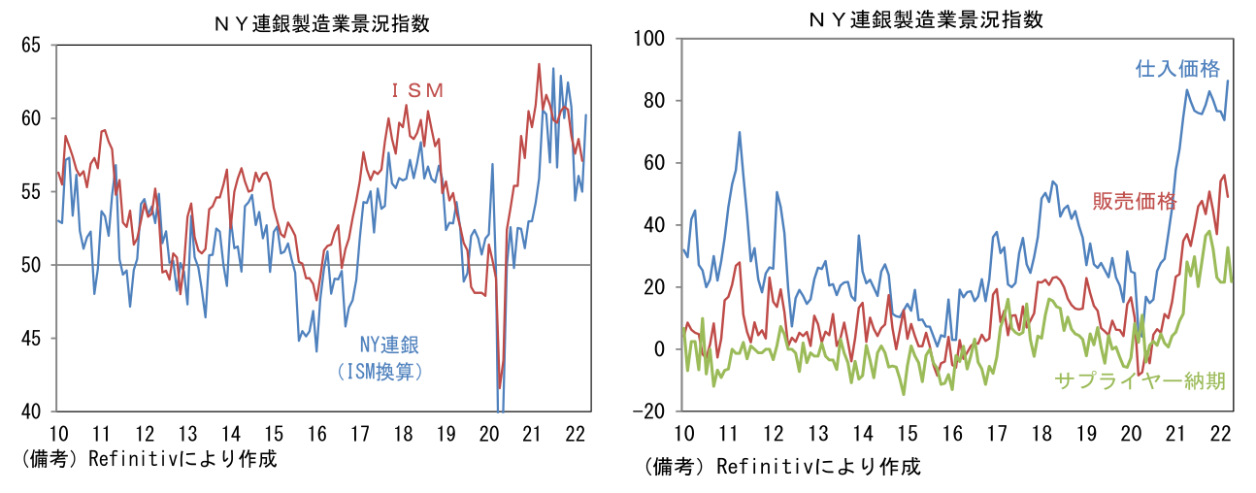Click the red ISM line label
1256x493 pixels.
(x=417, y=90)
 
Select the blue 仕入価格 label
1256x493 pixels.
(x=1176, y=69)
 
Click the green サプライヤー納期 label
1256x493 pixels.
(x=1140, y=380)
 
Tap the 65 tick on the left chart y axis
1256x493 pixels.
(x=31, y=45)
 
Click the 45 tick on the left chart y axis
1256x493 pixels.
(x=31, y=338)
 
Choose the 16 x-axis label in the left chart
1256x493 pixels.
(x=316, y=434)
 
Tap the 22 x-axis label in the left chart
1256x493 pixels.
(x=574, y=434)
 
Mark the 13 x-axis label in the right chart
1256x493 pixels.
(x=817, y=434)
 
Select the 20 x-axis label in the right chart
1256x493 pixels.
(x=1131, y=434)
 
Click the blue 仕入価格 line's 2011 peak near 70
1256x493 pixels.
(x=740, y=133)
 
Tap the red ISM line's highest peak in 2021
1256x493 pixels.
(x=539, y=65)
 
